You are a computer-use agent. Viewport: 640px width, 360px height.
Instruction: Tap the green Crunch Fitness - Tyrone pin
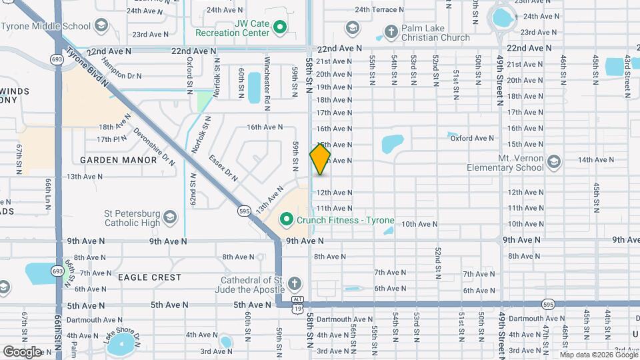click(x=287, y=219)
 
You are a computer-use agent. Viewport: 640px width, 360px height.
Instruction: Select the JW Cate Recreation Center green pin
click(x=281, y=27)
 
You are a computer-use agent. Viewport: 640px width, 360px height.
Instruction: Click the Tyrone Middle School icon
click(x=101, y=27)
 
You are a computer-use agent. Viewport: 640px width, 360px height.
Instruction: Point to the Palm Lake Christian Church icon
click(x=352, y=27)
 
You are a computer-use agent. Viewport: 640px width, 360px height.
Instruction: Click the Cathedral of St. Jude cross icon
click(x=293, y=285)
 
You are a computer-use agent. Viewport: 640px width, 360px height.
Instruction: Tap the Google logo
click(x=22, y=351)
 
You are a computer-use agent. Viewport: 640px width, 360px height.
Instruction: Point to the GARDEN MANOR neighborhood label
click(x=108, y=160)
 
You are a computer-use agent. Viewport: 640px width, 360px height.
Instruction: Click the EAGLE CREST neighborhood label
click(x=149, y=277)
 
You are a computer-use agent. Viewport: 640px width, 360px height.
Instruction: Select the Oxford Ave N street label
click(x=472, y=139)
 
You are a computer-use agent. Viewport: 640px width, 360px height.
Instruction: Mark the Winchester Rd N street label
click(x=267, y=84)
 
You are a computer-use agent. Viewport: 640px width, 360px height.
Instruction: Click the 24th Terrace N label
click(x=379, y=10)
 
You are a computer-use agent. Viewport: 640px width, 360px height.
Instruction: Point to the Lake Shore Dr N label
click(x=123, y=336)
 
